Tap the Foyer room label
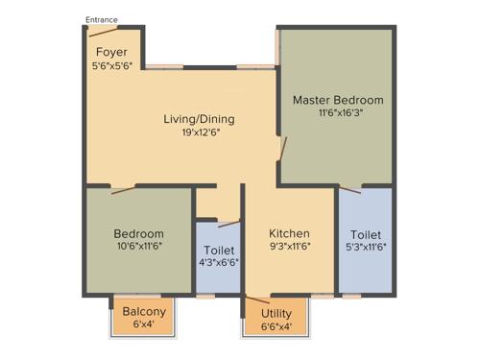pos(111,52)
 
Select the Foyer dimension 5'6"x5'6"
pos(111,67)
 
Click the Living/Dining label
pos(199,119)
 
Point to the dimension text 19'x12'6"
pos(199,133)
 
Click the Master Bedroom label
pos(338,100)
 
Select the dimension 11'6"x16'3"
pos(338,112)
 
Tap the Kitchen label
pos(289,233)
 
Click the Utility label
pos(277,313)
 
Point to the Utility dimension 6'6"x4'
pos(277,327)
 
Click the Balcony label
pos(144,311)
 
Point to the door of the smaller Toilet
pos(228,225)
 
